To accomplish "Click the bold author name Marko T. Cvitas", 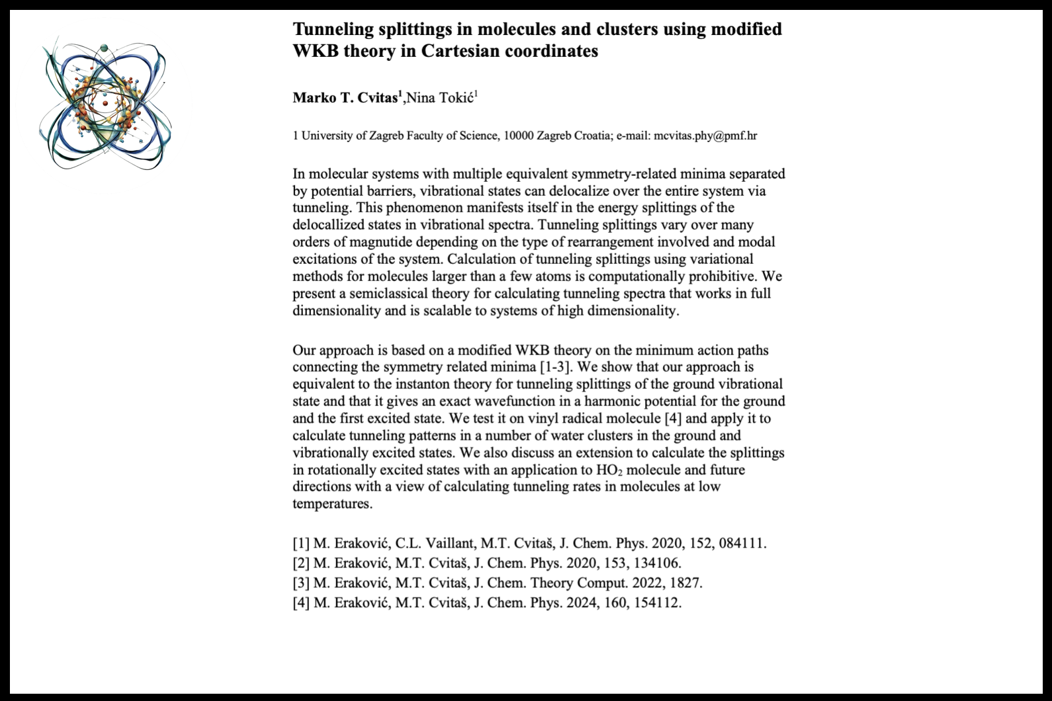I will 345,99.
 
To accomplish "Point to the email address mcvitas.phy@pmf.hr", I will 705,136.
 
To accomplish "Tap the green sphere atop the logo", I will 104,48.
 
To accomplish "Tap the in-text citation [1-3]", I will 558,367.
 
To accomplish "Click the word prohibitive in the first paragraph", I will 723,276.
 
